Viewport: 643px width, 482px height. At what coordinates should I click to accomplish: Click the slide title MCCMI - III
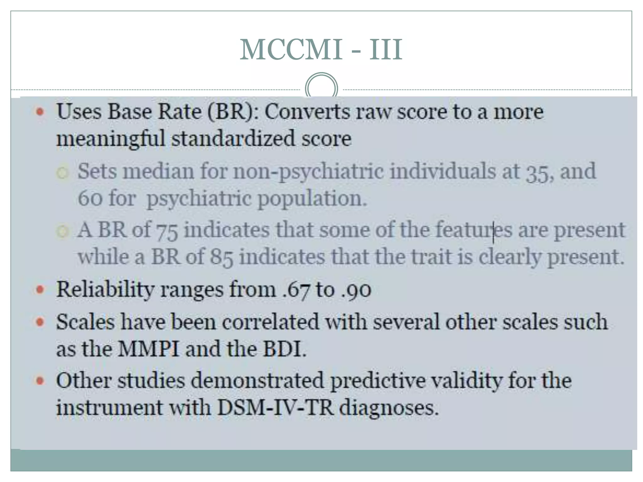(321, 50)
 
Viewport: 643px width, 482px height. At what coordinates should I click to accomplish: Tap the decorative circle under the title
(321, 88)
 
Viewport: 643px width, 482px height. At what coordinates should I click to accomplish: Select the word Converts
(307, 112)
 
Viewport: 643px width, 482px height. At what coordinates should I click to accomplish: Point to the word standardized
(233, 139)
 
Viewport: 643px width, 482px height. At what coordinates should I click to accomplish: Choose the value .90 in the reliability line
(356, 290)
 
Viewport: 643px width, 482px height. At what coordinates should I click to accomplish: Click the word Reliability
(105, 290)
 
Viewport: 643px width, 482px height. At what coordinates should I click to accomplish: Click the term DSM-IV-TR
(275, 408)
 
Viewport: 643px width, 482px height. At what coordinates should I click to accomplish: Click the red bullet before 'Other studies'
(40, 381)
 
